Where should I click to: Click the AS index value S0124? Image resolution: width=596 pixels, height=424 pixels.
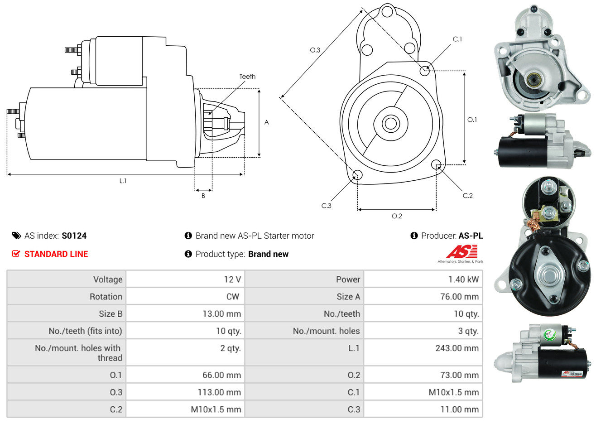[74, 236]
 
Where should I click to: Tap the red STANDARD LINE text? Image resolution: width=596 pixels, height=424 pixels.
[56, 254]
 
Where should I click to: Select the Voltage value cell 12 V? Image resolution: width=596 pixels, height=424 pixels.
[232, 279]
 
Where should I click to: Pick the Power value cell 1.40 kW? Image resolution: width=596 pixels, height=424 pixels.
[463, 279]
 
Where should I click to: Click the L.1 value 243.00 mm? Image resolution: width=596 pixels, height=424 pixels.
[457, 348]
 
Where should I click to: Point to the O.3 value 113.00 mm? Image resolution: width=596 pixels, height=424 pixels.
[219, 392]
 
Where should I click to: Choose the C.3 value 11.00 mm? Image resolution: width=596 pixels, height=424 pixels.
[459, 410]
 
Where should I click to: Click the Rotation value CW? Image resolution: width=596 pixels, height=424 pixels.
[232, 297]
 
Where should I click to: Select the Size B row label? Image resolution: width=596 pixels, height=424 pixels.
[111, 314]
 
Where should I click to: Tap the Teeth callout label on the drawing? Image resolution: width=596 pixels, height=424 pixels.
[247, 77]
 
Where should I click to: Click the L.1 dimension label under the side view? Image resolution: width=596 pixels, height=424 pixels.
[123, 181]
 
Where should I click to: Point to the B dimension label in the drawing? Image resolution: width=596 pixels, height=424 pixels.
[203, 196]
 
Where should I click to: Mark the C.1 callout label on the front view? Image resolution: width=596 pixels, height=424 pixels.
[457, 39]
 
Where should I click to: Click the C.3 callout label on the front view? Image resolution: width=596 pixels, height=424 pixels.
[326, 206]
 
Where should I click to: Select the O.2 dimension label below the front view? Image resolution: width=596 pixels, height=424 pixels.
[397, 216]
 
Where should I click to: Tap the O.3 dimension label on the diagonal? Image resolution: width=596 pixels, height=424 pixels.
[315, 50]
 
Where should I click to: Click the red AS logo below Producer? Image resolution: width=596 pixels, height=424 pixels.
[461, 252]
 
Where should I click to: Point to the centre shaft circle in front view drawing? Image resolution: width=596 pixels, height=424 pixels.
[389, 123]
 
